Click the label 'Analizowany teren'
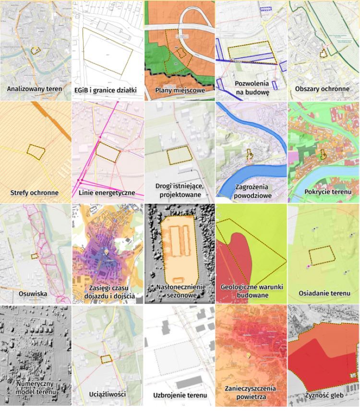coord(35,89)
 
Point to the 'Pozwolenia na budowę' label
coord(252,87)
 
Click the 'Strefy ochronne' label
coord(35,193)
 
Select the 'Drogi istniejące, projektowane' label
coord(180,190)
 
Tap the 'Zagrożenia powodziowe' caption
coord(252,190)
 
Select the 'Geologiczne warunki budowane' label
coord(252,291)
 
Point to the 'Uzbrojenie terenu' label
coord(180,395)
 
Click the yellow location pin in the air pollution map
coord(249,355)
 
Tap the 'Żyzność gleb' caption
coord(323,395)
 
